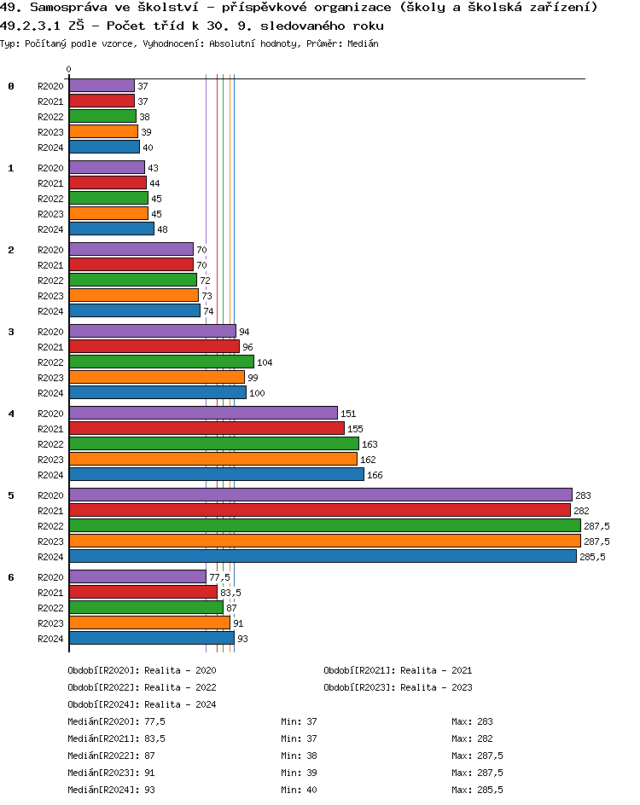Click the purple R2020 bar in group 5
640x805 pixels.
pyautogui.click(x=320, y=495)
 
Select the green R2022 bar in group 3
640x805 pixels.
pyautogui.click(x=161, y=362)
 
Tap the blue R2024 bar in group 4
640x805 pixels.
pyautogui.click(x=217, y=474)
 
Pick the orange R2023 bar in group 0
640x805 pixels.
pyautogui.click(x=103, y=131)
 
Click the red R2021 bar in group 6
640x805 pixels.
pyautogui.click(x=143, y=592)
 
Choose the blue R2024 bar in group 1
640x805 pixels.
pyautogui.click(x=112, y=229)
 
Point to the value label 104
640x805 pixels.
pyautogui.click(x=265, y=362)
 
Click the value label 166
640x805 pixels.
pyautogui.click(x=375, y=475)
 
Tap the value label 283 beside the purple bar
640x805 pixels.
pyautogui.click(x=583, y=495)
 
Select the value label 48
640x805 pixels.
pyautogui.click(x=162, y=229)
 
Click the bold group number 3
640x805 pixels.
pyautogui.click(x=11, y=332)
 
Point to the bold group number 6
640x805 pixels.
pyautogui.click(x=11, y=577)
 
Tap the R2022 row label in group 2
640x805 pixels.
pyautogui.click(x=50, y=281)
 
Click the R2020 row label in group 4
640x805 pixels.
pyautogui.click(x=50, y=414)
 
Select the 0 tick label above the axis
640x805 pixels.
pyautogui.click(x=69, y=70)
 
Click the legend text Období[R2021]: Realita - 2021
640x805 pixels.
pyautogui.click(x=398, y=670)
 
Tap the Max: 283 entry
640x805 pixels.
pyautogui.click(x=473, y=721)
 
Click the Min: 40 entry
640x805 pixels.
pyautogui.click(x=299, y=790)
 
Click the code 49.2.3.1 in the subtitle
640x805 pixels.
pyautogui.click(x=32, y=26)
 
